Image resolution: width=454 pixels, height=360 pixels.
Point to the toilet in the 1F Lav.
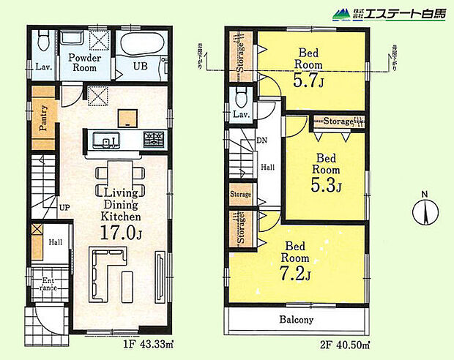[x=42, y=40]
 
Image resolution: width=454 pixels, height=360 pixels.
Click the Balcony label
[x=296, y=320]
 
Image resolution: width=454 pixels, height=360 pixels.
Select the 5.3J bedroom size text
[x=327, y=183]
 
